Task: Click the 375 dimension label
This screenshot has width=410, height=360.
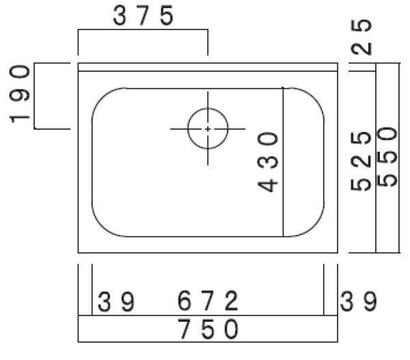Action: (143, 17)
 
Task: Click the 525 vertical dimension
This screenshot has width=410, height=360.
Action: (364, 159)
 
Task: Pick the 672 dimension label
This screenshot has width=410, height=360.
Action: (208, 301)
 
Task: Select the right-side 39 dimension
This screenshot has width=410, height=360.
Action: (358, 301)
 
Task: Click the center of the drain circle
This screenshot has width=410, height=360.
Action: (208, 128)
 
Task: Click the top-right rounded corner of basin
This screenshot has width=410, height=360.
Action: (312, 98)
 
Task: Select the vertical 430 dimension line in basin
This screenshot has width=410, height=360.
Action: (284, 205)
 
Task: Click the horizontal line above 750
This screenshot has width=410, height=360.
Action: (208, 316)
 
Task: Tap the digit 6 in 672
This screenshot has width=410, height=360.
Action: (185, 301)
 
